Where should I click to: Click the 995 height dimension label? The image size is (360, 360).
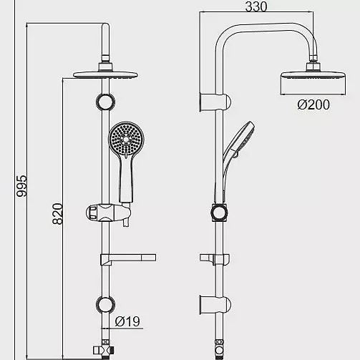point(21,186)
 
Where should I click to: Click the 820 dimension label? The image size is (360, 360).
point(58,214)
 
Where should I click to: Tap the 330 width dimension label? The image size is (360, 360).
point(256,6)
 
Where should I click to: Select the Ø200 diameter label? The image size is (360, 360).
point(313,104)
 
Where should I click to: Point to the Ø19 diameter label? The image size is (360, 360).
point(127,321)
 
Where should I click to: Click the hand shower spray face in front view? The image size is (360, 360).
point(127,138)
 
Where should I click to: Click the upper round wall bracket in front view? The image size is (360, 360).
point(105,102)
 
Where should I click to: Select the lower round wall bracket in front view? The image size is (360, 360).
point(105,305)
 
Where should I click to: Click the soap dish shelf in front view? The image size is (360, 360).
point(128,259)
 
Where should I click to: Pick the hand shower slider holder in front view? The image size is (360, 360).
point(108,213)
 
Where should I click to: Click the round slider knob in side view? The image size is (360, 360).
point(219,213)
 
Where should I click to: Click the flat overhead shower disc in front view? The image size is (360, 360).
point(105,74)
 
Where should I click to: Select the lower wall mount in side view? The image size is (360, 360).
point(215,305)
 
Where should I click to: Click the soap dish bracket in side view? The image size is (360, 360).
point(215,259)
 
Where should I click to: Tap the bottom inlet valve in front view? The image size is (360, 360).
point(104,350)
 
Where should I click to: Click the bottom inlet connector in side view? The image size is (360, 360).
point(219,349)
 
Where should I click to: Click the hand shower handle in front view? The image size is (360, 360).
point(126,179)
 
